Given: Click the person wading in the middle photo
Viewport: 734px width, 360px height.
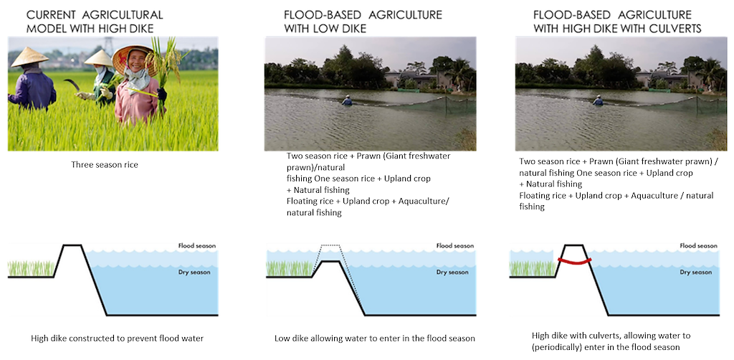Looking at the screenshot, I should [348, 101].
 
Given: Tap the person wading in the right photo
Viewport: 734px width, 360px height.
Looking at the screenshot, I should [598, 101].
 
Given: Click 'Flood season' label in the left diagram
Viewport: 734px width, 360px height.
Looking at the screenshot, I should [196, 246].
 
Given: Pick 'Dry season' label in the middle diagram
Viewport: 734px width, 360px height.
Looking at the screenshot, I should [449, 273].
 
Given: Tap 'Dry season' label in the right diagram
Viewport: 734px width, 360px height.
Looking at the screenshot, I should [695, 273].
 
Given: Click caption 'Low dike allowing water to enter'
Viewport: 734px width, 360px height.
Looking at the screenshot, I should [374, 338].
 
